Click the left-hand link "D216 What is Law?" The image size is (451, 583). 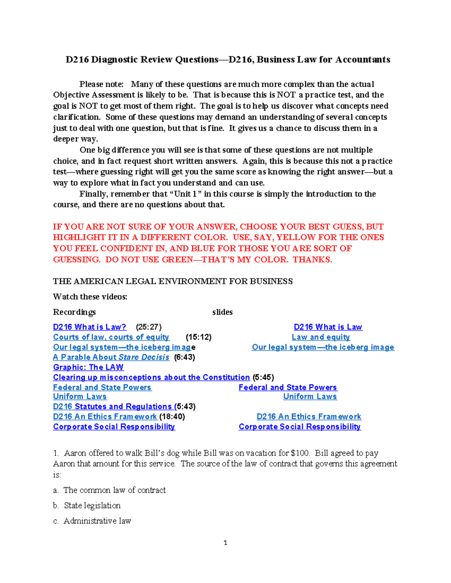tap(89, 327)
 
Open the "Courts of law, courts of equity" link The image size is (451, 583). tap(111, 337)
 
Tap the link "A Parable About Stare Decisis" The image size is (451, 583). tap(111, 357)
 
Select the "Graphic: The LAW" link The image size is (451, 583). tap(88, 367)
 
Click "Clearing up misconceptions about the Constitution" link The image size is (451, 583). tap(151, 377)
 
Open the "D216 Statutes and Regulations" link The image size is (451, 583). tap(112, 407)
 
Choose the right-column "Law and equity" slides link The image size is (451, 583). tap(321, 337)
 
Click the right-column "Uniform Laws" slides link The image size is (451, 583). tap(310, 396)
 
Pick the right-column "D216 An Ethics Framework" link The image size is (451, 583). tap(309, 417)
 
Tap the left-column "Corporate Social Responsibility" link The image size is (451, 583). tap(114, 427)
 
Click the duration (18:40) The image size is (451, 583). tap(172, 417)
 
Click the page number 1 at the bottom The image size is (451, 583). tap(225, 543)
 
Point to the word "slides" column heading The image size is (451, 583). tap(222, 312)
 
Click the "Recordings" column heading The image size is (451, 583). tap(74, 312)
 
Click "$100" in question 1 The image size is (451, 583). tap(300, 453)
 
